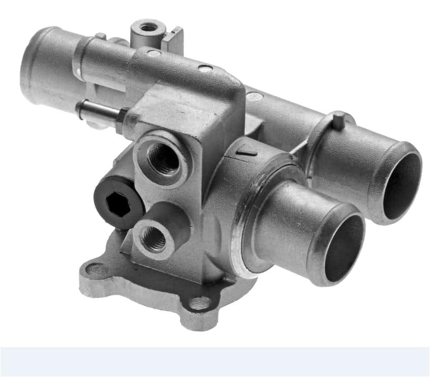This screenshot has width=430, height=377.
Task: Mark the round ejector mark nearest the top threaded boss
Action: click(x=154, y=53)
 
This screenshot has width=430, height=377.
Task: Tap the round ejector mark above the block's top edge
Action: click(x=205, y=68)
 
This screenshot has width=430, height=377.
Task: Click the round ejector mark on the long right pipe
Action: click(x=256, y=95)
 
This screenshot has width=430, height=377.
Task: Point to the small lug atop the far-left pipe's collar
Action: click(x=100, y=36)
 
